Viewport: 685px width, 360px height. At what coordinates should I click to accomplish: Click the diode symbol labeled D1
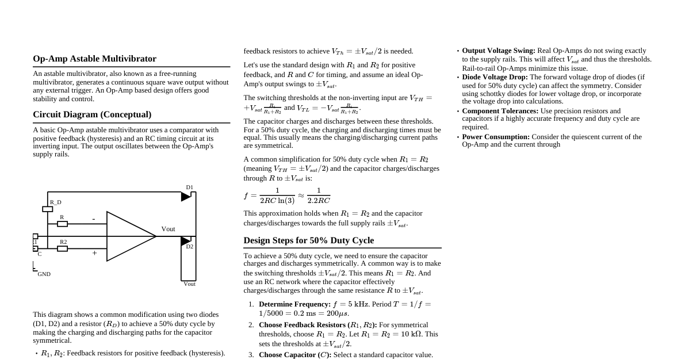tap(186, 197)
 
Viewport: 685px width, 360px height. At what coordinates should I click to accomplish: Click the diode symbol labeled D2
tap(185, 241)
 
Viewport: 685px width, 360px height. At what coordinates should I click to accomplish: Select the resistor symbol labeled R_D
tap(47, 209)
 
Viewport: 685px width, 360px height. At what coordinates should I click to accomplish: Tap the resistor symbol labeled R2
tap(62, 248)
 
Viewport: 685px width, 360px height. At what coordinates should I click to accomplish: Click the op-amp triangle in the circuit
tap(129, 236)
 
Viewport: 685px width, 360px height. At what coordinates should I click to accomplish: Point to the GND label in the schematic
tap(44, 274)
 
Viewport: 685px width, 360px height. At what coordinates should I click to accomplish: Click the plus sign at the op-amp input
tap(94, 253)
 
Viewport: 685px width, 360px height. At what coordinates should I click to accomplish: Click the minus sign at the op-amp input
tap(94, 219)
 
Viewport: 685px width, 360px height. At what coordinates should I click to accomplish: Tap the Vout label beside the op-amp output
tap(168, 229)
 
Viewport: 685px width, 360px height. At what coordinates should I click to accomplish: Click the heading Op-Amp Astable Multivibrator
tap(94, 59)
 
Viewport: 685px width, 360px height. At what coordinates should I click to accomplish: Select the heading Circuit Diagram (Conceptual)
tap(92, 114)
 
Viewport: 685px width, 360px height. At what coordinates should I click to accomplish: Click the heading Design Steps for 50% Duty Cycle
tap(308, 240)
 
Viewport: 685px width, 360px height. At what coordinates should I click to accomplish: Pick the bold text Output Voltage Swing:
tap(498, 51)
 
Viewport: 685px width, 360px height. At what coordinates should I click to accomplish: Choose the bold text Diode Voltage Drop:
tap(495, 77)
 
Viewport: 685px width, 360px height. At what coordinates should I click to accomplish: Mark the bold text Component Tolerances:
tap(500, 111)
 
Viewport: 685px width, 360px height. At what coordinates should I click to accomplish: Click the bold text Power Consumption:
tap(495, 137)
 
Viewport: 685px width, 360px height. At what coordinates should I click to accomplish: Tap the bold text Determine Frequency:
tap(294, 304)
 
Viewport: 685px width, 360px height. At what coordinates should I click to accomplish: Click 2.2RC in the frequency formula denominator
tap(319, 201)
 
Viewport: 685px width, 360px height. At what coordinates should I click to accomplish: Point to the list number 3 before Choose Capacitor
tap(251, 355)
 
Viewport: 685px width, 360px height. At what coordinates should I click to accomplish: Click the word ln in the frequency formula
tap(282, 201)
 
